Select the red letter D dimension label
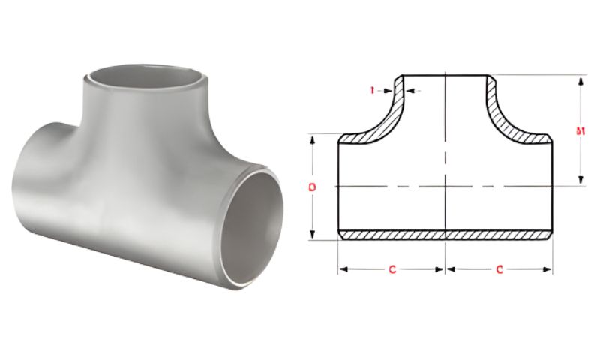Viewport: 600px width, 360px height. [312, 186]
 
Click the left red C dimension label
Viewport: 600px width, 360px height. [391, 269]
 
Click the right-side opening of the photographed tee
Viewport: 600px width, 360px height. [256, 225]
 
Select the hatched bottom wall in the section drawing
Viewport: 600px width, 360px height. [445, 235]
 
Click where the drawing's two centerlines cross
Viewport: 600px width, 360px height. [446, 186]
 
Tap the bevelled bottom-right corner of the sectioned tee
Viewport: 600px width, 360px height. [550, 235]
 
